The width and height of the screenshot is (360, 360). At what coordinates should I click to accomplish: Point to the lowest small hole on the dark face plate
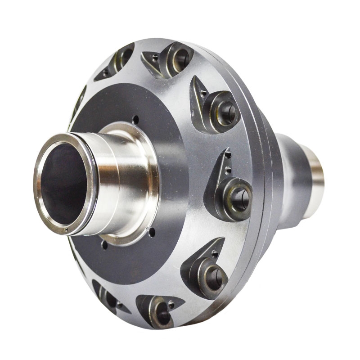(x=104, y=245)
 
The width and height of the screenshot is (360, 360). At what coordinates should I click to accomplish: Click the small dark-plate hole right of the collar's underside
(x=152, y=233)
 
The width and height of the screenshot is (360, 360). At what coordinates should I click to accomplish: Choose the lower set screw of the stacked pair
(x=228, y=170)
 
